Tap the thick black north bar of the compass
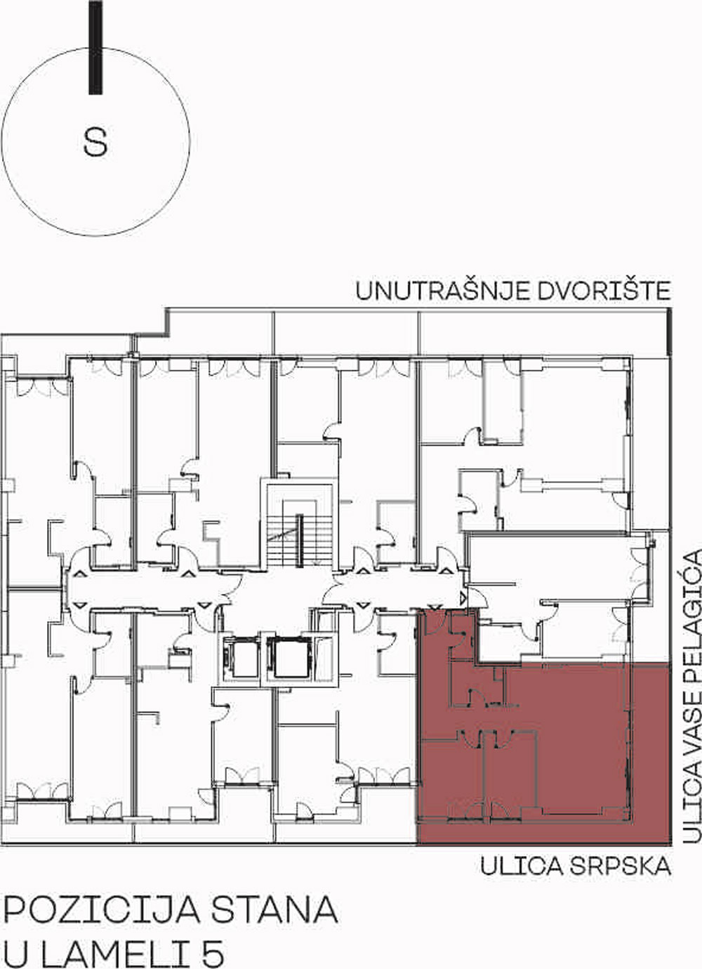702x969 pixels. (95, 47)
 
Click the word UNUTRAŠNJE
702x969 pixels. (442, 291)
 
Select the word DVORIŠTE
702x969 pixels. (604, 291)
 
